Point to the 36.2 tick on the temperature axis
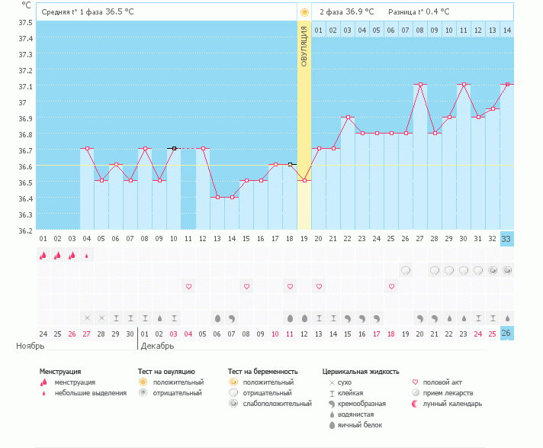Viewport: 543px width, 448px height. pyautogui.click(x=26, y=230)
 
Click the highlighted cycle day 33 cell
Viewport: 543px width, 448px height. pyautogui.click(x=506, y=238)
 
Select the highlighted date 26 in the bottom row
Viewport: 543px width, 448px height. pyautogui.click(x=506, y=334)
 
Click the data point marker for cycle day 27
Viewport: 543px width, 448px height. pyautogui.click(x=420, y=85)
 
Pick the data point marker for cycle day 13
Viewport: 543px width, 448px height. pyautogui.click(x=217, y=197)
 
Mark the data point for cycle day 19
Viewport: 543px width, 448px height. pyautogui.click(x=304, y=181)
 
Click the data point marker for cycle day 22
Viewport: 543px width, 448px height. pyautogui.click(x=348, y=117)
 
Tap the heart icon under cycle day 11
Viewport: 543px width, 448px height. pyautogui.click(x=188, y=286)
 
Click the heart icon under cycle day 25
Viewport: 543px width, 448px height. pyautogui.click(x=391, y=286)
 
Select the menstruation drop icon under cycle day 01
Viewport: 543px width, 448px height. pyautogui.click(x=43, y=256)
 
